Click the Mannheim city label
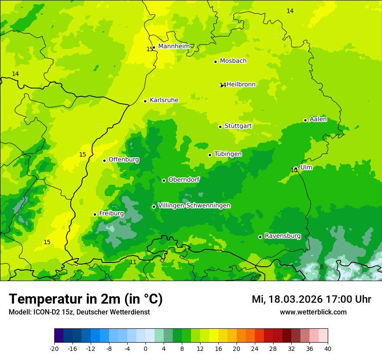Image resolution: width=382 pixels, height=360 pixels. tap(174, 46)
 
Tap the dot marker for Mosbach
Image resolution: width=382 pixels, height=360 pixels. tap(215, 62)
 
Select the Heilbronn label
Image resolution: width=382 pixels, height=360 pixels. tap(241, 84)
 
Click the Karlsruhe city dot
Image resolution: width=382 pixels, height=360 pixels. tap(145, 101)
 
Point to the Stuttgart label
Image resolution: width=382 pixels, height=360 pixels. tap(238, 126)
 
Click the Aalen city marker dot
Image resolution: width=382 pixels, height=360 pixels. tap(305, 120)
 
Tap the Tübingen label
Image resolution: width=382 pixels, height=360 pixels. tap(228, 154)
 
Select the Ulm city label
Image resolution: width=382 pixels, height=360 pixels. tap(306, 167)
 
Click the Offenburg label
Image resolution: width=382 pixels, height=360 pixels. tap(124, 160)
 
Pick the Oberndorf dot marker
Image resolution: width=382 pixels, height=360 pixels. tap(164, 180)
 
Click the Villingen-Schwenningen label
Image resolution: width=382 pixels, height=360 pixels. tap(194, 206)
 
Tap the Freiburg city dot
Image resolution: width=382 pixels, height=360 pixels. tap(95, 214)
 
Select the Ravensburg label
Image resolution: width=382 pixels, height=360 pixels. tap(283, 236)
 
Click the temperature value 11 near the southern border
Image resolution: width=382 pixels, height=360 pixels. tap(133, 262)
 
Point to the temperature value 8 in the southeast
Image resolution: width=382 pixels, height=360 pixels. tap(322, 267)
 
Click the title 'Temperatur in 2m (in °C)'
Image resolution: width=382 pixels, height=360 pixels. tap(86, 299)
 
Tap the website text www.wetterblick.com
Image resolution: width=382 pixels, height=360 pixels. tap(313, 312)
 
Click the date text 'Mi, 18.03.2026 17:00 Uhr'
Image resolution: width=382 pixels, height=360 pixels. tap(311, 299)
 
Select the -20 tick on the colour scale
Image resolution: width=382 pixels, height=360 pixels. tap(54, 348)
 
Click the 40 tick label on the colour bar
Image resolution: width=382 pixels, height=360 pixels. tap(328, 348)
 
